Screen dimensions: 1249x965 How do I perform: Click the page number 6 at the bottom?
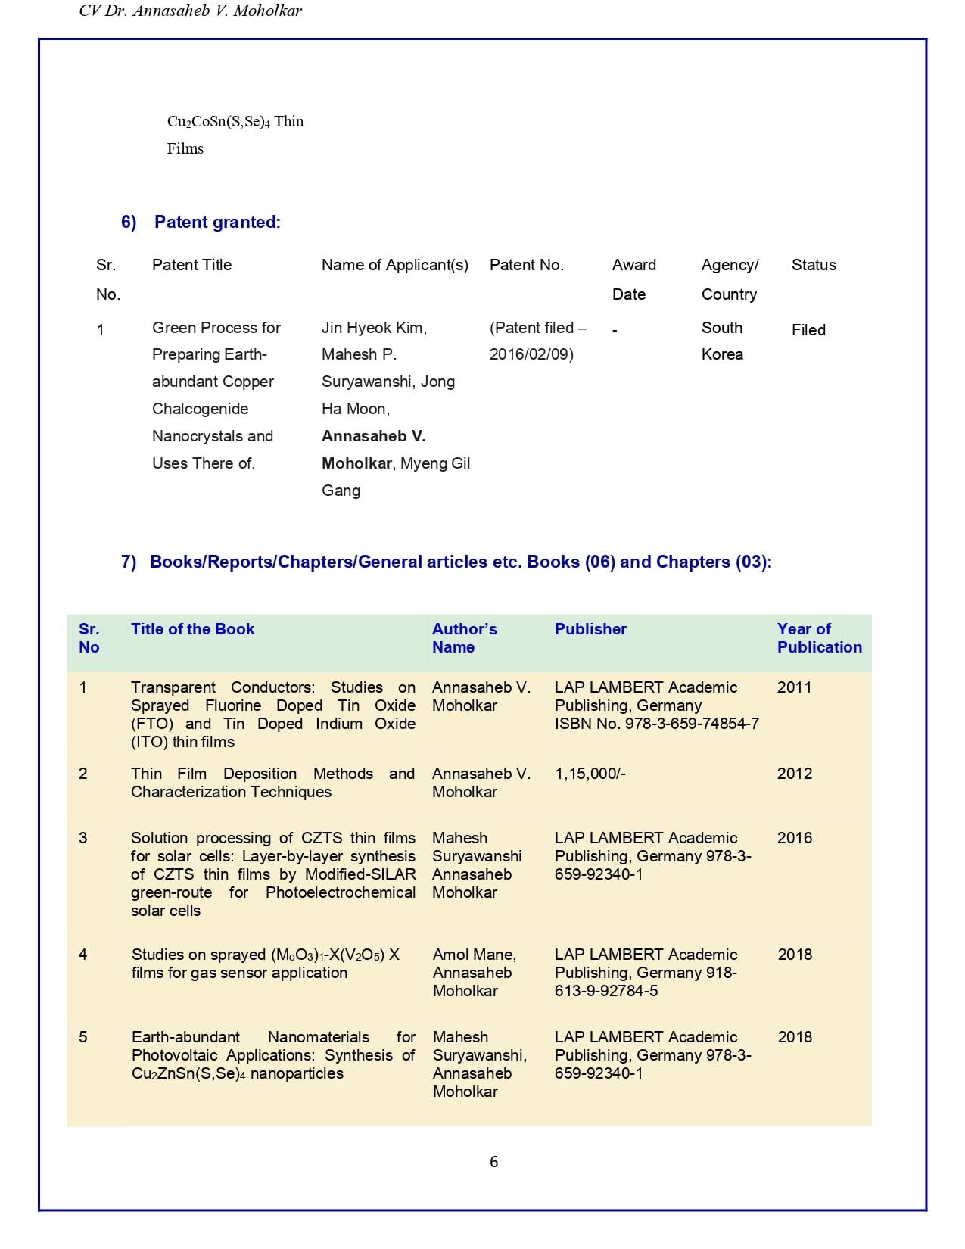pyautogui.click(x=493, y=1162)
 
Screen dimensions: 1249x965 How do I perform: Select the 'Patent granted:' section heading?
pyautogui.click(x=217, y=223)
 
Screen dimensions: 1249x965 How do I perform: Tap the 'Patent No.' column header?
pyautogui.click(x=526, y=265)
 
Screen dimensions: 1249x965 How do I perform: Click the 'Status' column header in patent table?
pyautogui.click(x=814, y=265)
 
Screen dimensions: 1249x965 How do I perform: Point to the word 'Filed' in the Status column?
pyautogui.click(x=808, y=330)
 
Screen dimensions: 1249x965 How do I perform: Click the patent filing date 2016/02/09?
pyautogui.click(x=531, y=354)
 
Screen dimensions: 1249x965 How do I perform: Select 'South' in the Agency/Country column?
pyautogui.click(x=721, y=328)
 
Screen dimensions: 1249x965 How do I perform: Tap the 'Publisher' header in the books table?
pyautogui.click(x=590, y=629)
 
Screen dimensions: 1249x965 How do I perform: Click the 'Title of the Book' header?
pyautogui.click(x=192, y=629)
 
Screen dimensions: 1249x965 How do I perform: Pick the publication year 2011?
pyautogui.click(x=794, y=687)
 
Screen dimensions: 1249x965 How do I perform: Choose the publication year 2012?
pyautogui.click(x=794, y=774)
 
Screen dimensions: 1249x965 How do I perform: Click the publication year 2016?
pyautogui.click(x=794, y=838)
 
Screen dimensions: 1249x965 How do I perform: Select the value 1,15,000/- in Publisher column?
pyautogui.click(x=590, y=774)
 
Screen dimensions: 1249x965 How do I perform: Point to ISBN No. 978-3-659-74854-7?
pyautogui.click(x=656, y=724)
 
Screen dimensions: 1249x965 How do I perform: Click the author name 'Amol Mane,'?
pyautogui.click(x=474, y=955)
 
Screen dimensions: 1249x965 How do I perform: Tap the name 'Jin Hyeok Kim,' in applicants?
pyautogui.click(x=374, y=328)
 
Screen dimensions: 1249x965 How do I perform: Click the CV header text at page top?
pyautogui.click(x=190, y=11)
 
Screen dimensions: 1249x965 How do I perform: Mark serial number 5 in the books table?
pyautogui.click(x=83, y=1037)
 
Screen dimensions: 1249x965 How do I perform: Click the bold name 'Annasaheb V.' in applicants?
pyautogui.click(x=373, y=436)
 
